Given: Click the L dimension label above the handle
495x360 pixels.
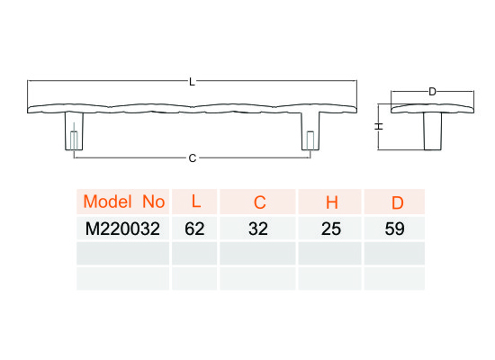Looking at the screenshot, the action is point(192,82).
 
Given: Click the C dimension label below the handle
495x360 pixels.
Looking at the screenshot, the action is point(193,157).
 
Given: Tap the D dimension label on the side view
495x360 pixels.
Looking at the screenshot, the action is point(432,92).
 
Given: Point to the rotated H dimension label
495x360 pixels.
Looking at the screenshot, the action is point(379,126).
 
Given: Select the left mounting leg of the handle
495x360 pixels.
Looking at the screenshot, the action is point(74,131).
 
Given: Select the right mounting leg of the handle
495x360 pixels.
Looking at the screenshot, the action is point(310,131).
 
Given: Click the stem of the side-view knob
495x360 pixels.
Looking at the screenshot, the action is point(433,131).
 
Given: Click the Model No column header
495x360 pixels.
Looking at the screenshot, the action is point(124,202).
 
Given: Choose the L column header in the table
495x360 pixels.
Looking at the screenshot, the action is point(196,202).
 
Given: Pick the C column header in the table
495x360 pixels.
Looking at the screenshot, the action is point(259,202).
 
